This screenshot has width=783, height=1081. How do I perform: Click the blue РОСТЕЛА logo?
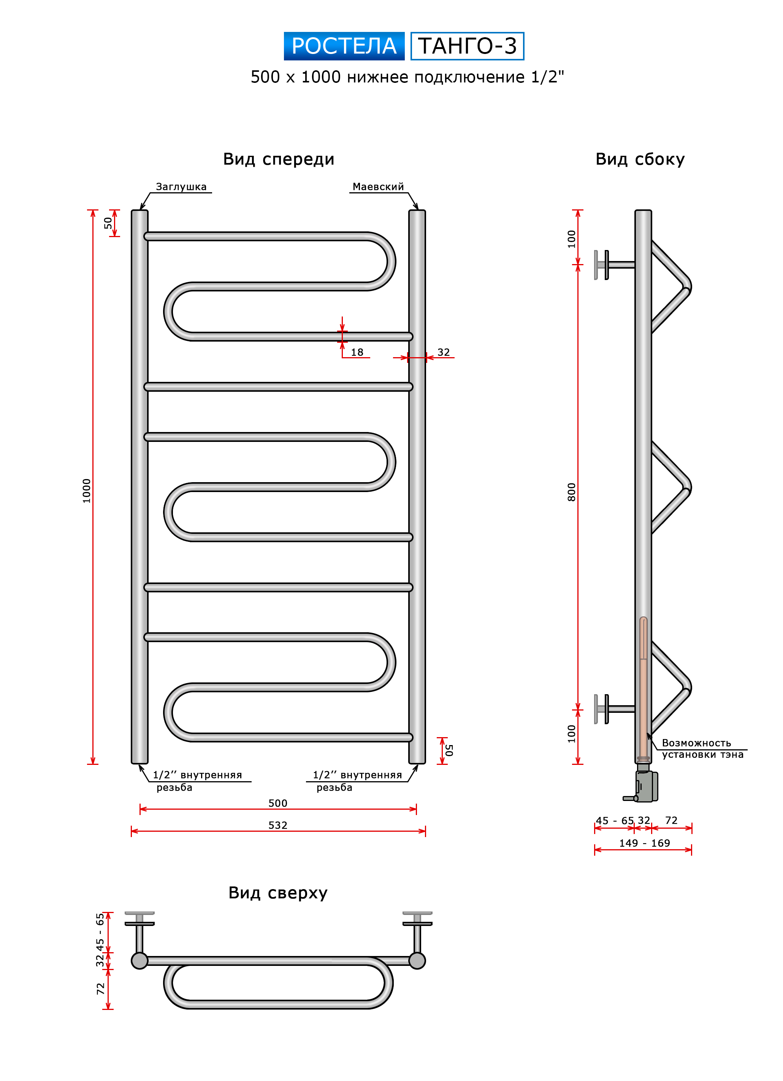(x=344, y=46)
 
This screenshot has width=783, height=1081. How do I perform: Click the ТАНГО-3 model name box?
(x=467, y=46)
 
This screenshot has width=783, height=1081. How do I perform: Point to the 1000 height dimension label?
(x=86, y=491)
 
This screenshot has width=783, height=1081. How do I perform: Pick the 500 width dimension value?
(x=277, y=803)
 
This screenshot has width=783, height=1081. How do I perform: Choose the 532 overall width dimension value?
(x=277, y=825)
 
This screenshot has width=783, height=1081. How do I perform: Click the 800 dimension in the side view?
(x=571, y=492)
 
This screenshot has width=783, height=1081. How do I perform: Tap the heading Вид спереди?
(x=279, y=159)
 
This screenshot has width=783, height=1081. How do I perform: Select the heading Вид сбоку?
(x=640, y=159)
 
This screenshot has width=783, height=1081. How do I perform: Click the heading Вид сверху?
(x=278, y=893)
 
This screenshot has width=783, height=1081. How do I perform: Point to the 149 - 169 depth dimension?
(x=644, y=843)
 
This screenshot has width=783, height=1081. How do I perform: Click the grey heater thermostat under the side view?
(x=646, y=787)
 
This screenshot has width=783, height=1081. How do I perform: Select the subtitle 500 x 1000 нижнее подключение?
(x=407, y=77)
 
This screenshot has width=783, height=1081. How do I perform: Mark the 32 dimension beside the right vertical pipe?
(x=444, y=352)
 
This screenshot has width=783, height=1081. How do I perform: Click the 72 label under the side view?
(x=671, y=820)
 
